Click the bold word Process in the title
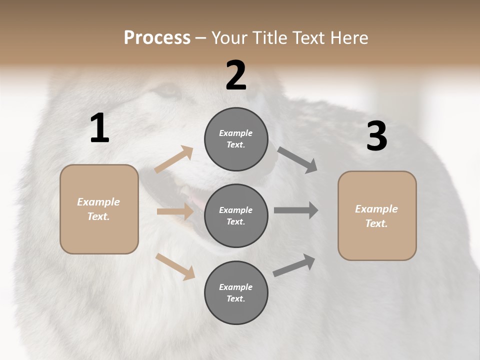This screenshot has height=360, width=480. pos(157,38)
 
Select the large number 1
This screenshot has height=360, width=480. pos(99,128)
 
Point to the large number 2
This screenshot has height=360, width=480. pos(236,75)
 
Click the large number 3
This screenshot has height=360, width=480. pos(376,136)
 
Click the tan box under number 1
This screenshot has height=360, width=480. pos(99,209)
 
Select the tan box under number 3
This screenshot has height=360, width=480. pos(377,215)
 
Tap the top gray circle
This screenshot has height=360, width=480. pos(236,139)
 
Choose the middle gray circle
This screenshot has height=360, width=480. pos(236,215)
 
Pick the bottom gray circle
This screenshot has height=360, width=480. pos(236,292)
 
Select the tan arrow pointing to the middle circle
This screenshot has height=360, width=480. pos(175,211)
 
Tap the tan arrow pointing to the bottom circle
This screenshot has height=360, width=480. pos(175,266)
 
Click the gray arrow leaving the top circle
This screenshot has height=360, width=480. pos(297,159)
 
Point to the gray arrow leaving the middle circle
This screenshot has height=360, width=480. pos(296,210)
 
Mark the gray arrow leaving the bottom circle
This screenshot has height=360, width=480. pos(294,265)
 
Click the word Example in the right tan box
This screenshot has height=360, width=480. pos(376,209)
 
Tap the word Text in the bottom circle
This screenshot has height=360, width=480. pos(235,298)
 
